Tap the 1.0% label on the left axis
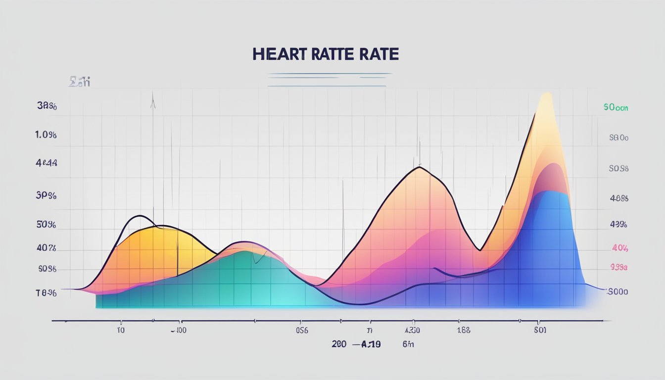click(x=46, y=134)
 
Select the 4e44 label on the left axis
click(x=47, y=162)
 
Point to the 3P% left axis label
click(x=46, y=195)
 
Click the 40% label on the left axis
click(x=46, y=248)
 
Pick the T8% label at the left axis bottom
click(x=46, y=293)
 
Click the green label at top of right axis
click(x=616, y=107)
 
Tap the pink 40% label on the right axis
click(x=619, y=247)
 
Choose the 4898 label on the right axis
click(x=618, y=198)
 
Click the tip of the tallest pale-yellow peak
click(x=547, y=94)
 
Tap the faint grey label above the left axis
click(x=79, y=82)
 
